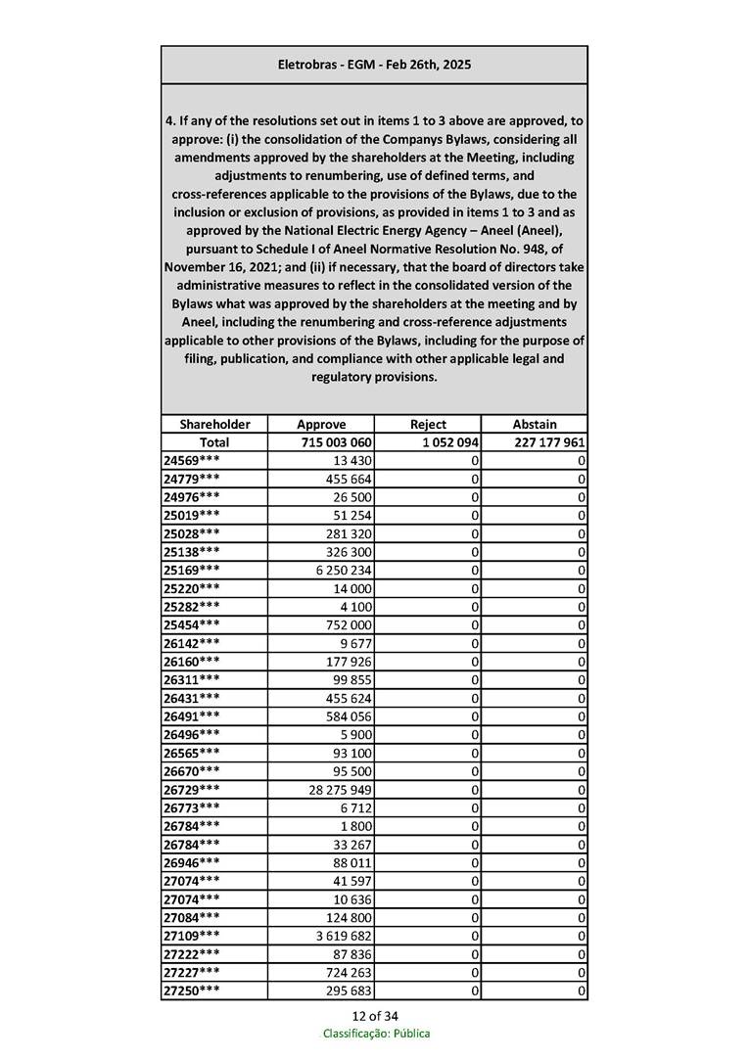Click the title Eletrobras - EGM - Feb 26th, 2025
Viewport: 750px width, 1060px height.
click(x=374, y=65)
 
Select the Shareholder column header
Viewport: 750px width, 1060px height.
click(x=214, y=425)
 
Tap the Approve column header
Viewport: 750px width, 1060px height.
click(x=321, y=425)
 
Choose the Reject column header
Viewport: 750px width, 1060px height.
click(x=428, y=425)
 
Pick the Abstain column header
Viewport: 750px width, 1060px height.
click(x=535, y=425)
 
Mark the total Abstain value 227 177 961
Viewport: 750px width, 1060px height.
click(x=549, y=442)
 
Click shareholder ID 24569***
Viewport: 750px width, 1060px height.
click(x=192, y=461)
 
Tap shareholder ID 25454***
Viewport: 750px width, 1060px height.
click(x=192, y=625)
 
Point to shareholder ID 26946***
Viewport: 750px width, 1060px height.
click(x=192, y=862)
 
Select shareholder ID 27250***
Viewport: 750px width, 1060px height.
click(x=192, y=991)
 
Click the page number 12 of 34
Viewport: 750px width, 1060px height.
click(x=375, y=1015)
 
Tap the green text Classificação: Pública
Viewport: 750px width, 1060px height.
click(x=376, y=1034)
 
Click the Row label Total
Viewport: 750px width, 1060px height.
click(x=214, y=442)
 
